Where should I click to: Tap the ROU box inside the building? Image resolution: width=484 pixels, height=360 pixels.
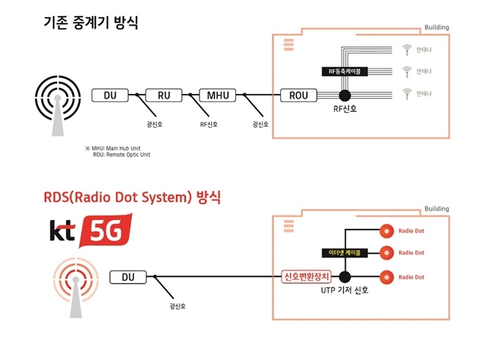click(x=299, y=95)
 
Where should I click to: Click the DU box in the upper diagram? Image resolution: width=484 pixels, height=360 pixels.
click(x=110, y=95)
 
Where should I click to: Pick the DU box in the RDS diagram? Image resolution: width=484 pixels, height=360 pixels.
click(x=128, y=277)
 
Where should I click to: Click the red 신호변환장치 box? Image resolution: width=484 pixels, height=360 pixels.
click(x=307, y=277)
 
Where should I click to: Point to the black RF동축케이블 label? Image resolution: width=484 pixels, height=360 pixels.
click(x=345, y=71)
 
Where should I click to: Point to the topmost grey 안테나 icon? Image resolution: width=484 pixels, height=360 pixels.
click(x=407, y=50)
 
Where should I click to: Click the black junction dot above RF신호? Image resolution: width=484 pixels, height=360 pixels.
click(x=344, y=95)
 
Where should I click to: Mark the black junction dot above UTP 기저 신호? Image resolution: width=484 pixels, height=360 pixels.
click(x=345, y=277)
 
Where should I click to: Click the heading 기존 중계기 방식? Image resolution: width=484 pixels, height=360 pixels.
click(x=90, y=24)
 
